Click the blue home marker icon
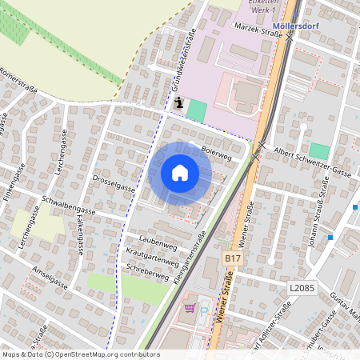180,172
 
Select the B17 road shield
232,259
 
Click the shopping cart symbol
190,307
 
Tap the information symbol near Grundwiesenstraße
178,102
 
